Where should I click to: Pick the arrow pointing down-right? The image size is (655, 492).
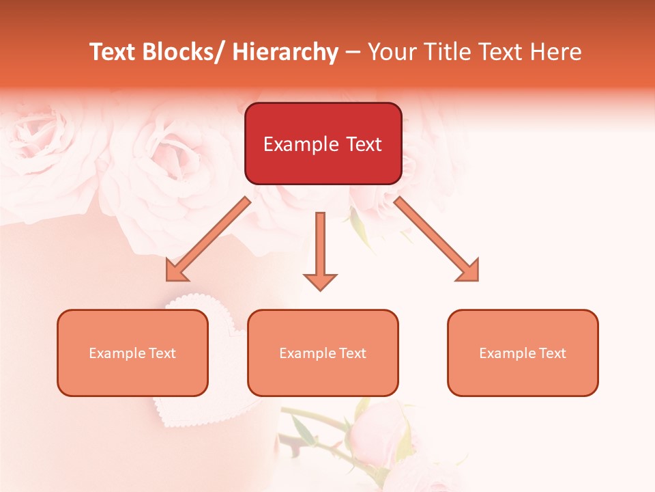pyautogui.click(x=437, y=239)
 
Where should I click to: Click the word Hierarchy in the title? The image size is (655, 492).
pyautogui.click(x=285, y=53)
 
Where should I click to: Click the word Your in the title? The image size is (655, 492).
pyautogui.click(x=392, y=53)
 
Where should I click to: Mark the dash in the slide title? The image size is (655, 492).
pyautogui.click(x=353, y=53)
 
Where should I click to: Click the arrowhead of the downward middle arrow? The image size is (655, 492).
pyautogui.click(x=320, y=282)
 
